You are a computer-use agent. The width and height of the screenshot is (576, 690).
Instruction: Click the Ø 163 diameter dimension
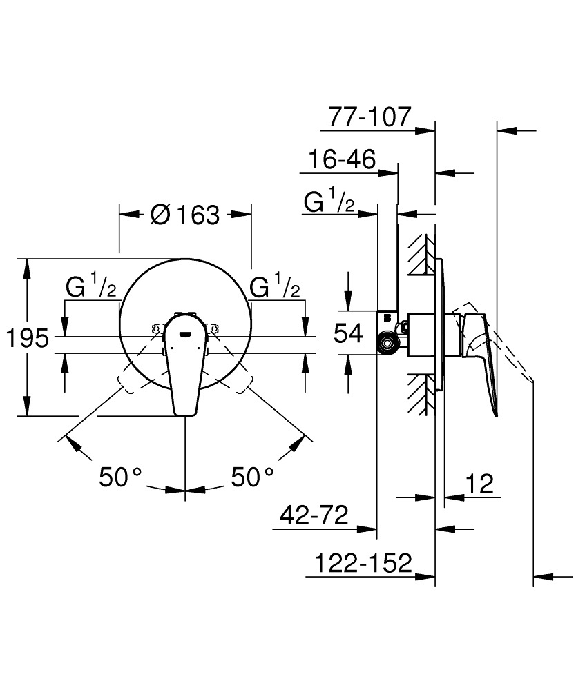(x=184, y=215)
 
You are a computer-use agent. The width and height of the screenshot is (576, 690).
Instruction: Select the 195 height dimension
(x=27, y=338)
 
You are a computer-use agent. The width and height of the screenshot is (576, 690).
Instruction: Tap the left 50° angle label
(x=121, y=476)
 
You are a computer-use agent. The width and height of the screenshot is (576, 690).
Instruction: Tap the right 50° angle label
(x=252, y=476)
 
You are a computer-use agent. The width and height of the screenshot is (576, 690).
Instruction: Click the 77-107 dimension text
(x=369, y=117)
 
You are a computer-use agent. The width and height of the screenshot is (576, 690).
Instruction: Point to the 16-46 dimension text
(x=342, y=161)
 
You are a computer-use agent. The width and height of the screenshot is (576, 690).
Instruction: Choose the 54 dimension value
(x=348, y=334)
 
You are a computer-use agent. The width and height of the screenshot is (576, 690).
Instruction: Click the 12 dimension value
(x=480, y=484)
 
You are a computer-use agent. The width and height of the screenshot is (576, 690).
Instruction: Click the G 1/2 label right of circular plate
(x=276, y=286)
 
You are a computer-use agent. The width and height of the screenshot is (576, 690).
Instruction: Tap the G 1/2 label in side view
(x=329, y=202)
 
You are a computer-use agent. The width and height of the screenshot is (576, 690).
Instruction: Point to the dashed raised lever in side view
(x=508, y=345)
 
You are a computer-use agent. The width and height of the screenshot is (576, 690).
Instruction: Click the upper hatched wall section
(x=421, y=255)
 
